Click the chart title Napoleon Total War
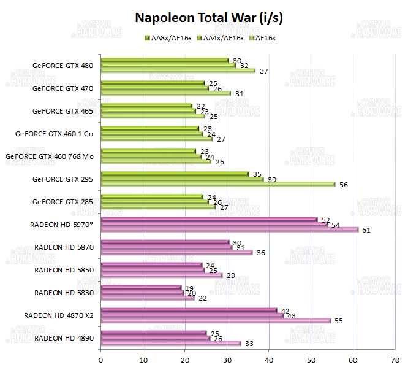click(208, 18)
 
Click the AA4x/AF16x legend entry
click(224, 38)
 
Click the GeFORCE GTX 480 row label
click(64, 65)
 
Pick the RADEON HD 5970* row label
click(61, 224)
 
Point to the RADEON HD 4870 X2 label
click(58, 315)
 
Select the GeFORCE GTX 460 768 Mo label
click(49, 156)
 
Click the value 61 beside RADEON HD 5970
click(366, 230)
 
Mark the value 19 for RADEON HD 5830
click(190, 287)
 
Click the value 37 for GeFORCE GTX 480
click(263, 71)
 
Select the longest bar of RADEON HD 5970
click(229, 230)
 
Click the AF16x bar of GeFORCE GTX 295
click(217, 184)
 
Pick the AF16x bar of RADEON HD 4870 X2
click(216, 321)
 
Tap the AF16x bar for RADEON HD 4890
click(170, 344)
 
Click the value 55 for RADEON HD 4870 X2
click(339, 321)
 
